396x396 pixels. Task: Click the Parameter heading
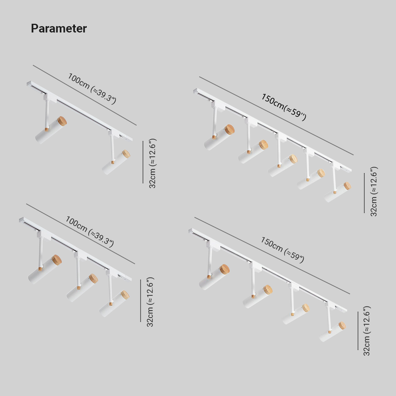[x=59, y=29]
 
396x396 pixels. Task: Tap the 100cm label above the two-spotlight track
[x=92, y=89]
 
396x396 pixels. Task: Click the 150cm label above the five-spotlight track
[x=284, y=107]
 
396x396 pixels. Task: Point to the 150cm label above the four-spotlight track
[x=282, y=250]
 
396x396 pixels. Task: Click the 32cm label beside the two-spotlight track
[x=152, y=163]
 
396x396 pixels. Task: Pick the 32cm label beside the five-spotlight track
[x=374, y=191]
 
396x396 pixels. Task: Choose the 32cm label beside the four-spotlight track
[x=367, y=331]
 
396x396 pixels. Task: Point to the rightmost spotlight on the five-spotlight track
[x=337, y=192]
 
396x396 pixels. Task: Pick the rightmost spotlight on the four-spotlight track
[x=332, y=332]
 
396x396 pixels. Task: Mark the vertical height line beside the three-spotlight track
[x=141, y=301]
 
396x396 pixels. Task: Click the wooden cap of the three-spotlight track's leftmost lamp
[x=56, y=260]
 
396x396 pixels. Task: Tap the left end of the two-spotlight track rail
[x=29, y=84]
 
